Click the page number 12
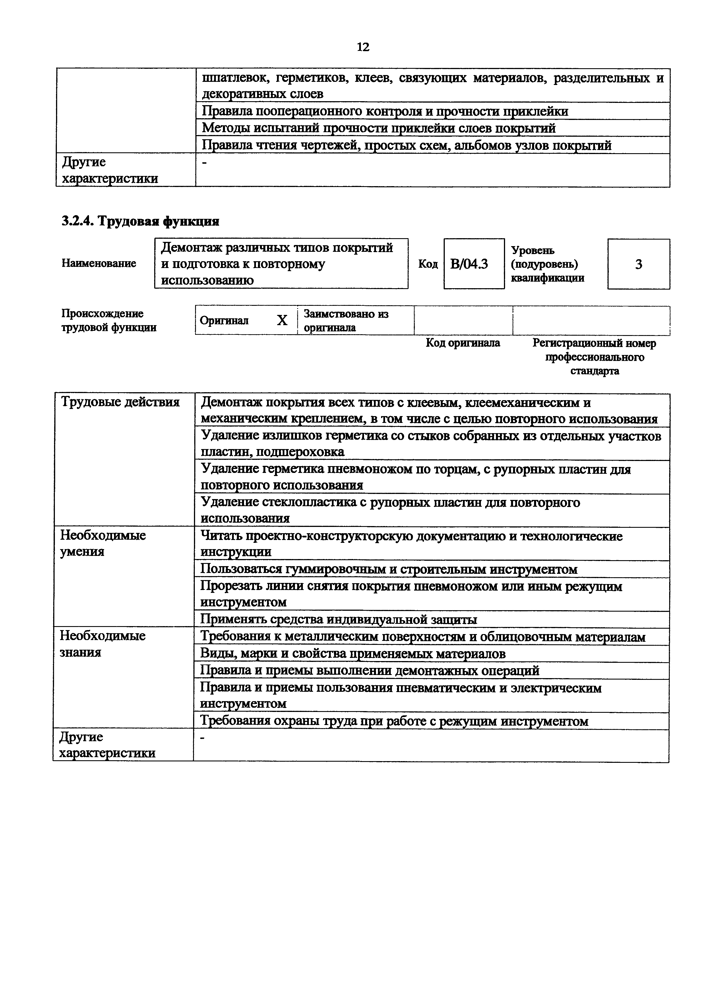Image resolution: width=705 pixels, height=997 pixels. (x=363, y=47)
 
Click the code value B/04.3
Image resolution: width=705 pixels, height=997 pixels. (x=469, y=264)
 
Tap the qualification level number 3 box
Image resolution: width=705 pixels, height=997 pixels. (x=638, y=264)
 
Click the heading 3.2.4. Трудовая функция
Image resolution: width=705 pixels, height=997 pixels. (x=140, y=221)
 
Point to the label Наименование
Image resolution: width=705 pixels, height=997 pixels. (x=99, y=263)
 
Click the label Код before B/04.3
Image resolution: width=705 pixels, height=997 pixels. (x=428, y=264)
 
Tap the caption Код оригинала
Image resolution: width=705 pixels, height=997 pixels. (x=463, y=343)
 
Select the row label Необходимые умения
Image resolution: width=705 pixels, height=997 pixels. (x=103, y=543)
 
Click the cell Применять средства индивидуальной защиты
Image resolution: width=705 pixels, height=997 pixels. (x=339, y=619)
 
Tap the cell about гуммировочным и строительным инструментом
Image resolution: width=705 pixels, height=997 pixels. (x=389, y=569)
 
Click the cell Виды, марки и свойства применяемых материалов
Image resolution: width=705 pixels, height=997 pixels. (x=353, y=653)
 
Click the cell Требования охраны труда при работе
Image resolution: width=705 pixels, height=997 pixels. (x=394, y=721)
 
